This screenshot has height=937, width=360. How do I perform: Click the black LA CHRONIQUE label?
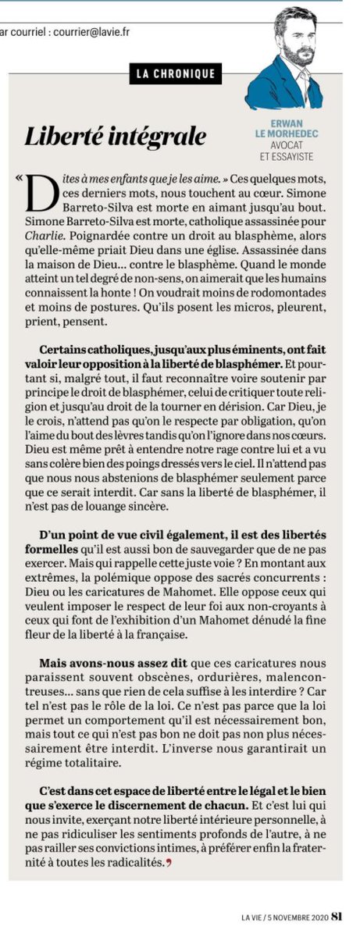click(176, 74)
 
